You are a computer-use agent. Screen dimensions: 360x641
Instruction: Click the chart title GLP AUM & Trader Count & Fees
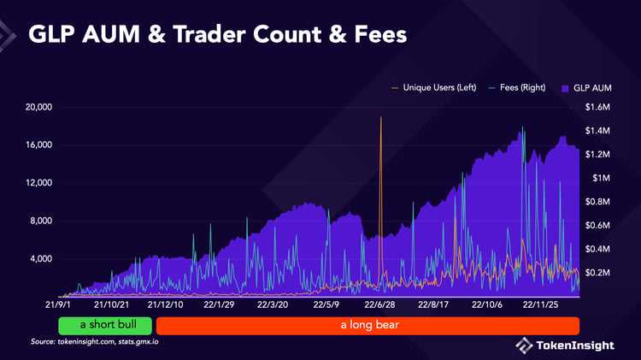pos(217,35)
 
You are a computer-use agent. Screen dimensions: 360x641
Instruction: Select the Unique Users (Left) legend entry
pos(432,88)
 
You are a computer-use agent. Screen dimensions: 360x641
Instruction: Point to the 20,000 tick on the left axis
pos(38,108)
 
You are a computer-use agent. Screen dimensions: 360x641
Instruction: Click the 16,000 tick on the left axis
pos(38,145)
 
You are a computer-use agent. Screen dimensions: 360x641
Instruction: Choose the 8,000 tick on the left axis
pos(39,221)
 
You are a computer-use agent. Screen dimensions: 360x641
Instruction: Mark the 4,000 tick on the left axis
pos(39,258)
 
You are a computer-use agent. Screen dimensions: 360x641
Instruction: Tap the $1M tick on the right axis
pos(601,178)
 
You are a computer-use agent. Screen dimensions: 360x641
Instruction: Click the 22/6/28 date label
pos(380,304)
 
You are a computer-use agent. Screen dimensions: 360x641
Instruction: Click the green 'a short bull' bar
pos(105,326)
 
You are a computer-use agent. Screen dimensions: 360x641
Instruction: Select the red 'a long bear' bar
pos(368,326)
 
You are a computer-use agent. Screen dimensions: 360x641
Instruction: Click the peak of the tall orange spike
pos(380,118)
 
